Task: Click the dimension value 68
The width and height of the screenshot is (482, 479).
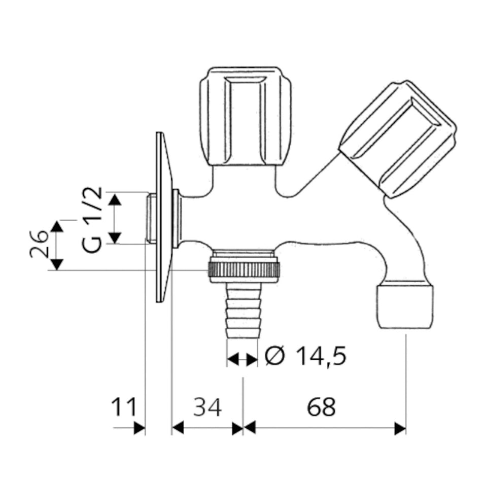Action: click(x=321, y=407)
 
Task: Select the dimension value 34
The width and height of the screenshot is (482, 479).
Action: click(x=208, y=407)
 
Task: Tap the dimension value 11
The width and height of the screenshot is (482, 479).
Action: click(x=125, y=407)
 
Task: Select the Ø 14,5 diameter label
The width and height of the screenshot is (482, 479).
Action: click(x=305, y=357)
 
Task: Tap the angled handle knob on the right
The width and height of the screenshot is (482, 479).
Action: click(x=397, y=139)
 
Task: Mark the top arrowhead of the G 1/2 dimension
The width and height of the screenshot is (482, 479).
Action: click(x=116, y=199)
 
